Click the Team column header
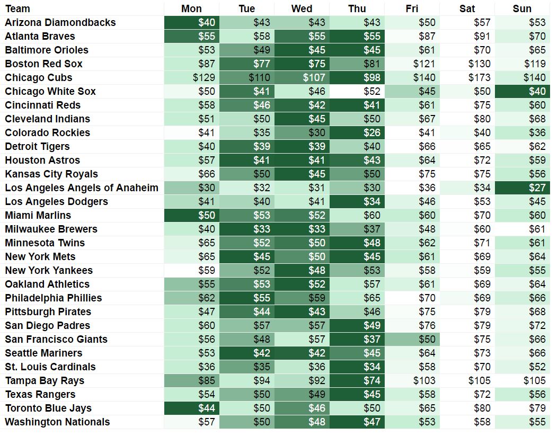pos(17,8)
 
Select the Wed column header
pos(302,8)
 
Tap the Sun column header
pos(522,8)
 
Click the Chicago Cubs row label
pos(39,77)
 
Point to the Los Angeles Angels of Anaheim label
pos(82,188)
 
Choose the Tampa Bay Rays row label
pos(45,380)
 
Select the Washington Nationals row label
pos(57,422)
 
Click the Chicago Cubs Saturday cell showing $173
pos(467,77)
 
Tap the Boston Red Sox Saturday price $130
pos(467,64)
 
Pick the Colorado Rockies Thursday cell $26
pos(357,132)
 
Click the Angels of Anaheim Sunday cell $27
pos(522,188)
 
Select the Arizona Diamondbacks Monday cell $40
pos(192,22)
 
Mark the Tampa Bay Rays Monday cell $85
pos(192,380)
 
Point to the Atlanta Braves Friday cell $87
pos(412,36)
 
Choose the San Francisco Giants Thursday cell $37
pos(357,339)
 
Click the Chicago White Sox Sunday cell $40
pos(522,91)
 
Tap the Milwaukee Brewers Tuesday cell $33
pos(247,229)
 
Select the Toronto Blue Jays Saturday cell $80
pos(467,408)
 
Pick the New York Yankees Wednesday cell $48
pos(302,270)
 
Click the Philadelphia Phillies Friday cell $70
pos(412,298)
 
